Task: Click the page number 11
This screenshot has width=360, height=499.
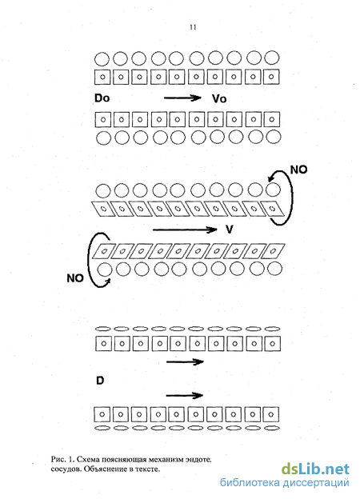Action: tap(193, 27)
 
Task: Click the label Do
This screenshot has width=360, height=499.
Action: tap(102, 98)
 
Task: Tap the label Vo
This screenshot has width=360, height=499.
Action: tap(219, 98)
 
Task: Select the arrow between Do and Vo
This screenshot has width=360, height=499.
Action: tap(182, 98)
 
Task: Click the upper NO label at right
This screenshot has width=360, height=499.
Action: tap(299, 170)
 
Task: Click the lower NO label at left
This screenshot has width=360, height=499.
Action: tap(75, 278)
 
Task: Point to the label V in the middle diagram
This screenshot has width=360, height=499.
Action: tap(229, 230)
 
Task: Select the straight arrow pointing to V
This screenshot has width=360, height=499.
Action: tap(185, 230)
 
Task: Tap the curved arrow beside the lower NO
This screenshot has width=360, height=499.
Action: tap(89, 259)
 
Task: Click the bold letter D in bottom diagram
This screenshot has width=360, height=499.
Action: tap(100, 381)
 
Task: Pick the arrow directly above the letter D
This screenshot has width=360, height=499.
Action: tap(185, 361)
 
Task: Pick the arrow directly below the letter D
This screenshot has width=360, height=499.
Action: tap(185, 396)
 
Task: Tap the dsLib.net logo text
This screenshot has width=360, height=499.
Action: tap(315, 469)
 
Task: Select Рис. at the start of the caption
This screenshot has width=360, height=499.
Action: tap(58, 459)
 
